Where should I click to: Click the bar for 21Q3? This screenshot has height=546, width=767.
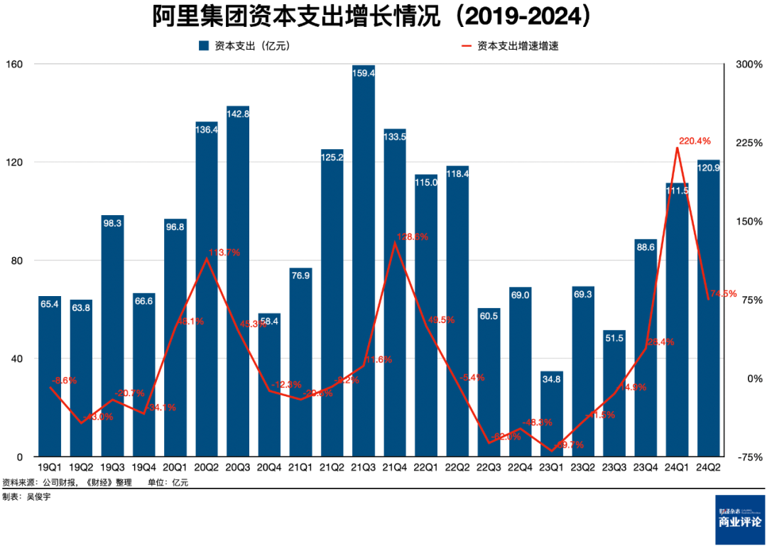coord(364,263)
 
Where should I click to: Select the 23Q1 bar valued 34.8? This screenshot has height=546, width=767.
coord(552,415)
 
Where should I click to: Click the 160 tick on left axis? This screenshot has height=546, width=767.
coord(15,65)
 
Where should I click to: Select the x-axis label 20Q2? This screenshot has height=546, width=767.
coord(207,468)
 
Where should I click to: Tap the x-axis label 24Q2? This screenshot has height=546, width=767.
coord(708,468)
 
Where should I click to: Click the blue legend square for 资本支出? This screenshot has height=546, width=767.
coord(202,46)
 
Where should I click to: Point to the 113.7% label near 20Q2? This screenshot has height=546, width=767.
coord(224,252)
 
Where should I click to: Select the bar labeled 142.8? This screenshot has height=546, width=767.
coord(238,284)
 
